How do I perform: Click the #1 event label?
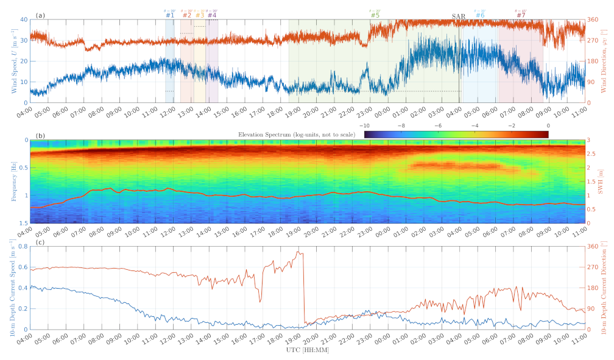point(169,15)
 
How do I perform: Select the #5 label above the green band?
point(375,15)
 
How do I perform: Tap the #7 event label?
point(520,15)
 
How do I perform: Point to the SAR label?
point(459,15)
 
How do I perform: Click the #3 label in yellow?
point(199,15)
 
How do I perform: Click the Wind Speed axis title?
point(13,61)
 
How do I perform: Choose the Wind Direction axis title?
point(607,61)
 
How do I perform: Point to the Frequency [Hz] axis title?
point(13,182)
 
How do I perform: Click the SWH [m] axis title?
point(604,182)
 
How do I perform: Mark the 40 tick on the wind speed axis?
point(23,19)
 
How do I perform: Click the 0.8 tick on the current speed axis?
point(21,246)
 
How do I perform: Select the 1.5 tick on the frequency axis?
point(21,224)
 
